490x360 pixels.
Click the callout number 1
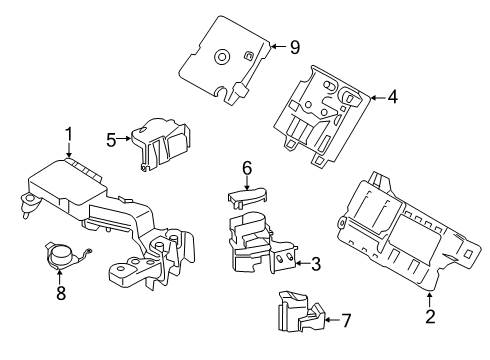click(69, 134)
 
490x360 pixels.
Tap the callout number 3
click(315, 264)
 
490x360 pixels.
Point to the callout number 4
click(393, 97)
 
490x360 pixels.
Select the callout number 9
click(295, 45)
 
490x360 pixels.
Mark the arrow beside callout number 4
click(374, 97)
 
